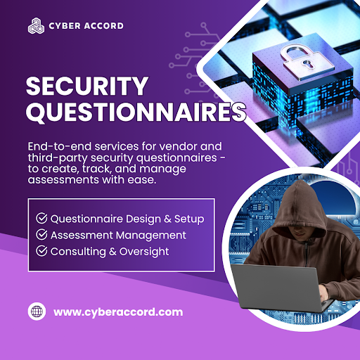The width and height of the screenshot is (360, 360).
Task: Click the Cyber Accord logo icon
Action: pyautogui.click(x=35, y=26)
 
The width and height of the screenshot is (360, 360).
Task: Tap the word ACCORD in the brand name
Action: pyautogui.click(x=103, y=26)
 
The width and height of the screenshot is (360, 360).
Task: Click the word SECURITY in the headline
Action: pyautogui.click(x=87, y=87)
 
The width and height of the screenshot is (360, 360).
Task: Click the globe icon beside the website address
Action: pyautogui.click(x=36, y=311)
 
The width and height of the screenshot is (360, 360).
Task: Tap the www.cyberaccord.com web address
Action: pyautogui.click(x=118, y=311)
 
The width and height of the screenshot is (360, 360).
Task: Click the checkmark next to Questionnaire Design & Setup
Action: pyautogui.click(x=41, y=219)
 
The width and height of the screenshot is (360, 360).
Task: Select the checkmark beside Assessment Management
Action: pyautogui.click(x=41, y=235)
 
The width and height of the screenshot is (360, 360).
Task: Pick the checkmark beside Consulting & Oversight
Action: pyautogui.click(x=41, y=251)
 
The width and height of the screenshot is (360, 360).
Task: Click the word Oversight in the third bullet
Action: pyautogui.click(x=143, y=251)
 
